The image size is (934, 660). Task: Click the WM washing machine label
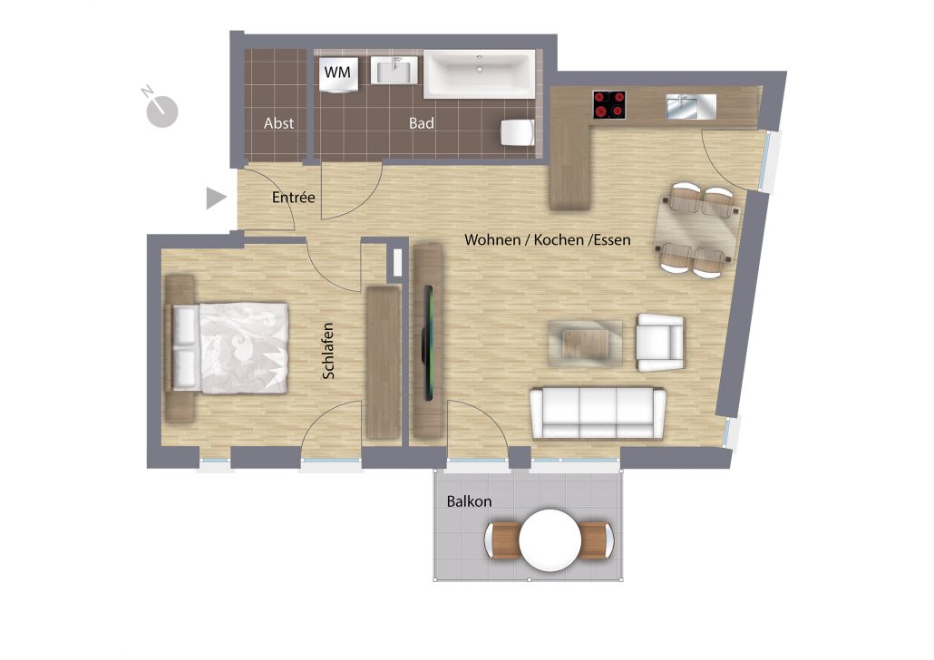point(337,73)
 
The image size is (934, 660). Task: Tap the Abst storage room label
point(278,123)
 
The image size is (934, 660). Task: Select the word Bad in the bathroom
point(421,123)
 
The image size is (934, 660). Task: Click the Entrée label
point(293,197)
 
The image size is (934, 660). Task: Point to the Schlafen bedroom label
point(328,351)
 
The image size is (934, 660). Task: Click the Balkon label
point(470,501)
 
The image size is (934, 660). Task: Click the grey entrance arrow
point(216,199)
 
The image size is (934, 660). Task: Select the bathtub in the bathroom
point(480,73)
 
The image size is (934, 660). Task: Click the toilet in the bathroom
point(517,132)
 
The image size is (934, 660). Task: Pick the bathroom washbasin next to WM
point(394,71)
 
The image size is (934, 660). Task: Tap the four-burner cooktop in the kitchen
point(609,104)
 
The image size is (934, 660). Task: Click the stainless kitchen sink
point(691,106)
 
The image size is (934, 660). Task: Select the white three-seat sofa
point(598,412)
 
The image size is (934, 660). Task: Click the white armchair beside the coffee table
point(660,343)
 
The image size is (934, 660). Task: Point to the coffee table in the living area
point(586,343)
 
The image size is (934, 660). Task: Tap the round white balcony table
point(550,540)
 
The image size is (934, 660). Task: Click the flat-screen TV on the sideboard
point(428,343)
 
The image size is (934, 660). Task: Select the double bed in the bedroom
point(230,348)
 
